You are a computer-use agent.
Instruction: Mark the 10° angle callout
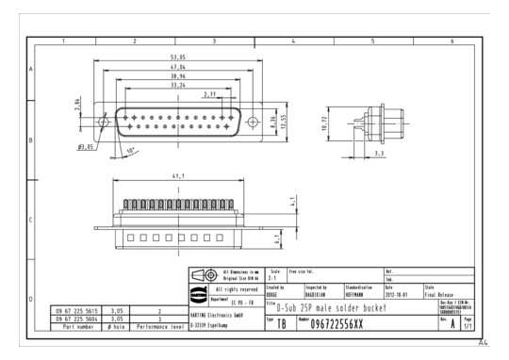pyautogui.click(x=132, y=151)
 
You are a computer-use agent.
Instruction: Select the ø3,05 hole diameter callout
pyautogui.click(x=90, y=147)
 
